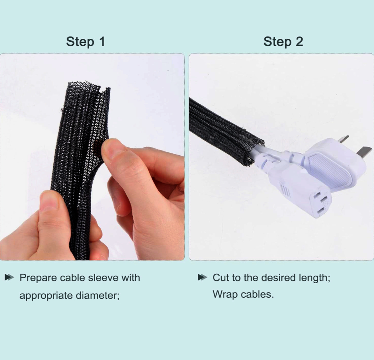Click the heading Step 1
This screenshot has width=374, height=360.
click(86, 42)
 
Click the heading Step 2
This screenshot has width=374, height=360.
click(283, 42)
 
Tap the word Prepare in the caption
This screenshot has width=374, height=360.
click(38, 278)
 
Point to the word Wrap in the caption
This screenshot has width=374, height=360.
click(225, 294)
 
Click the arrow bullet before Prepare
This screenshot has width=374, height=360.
click(9, 277)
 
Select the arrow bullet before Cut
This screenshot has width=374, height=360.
click(202, 277)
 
